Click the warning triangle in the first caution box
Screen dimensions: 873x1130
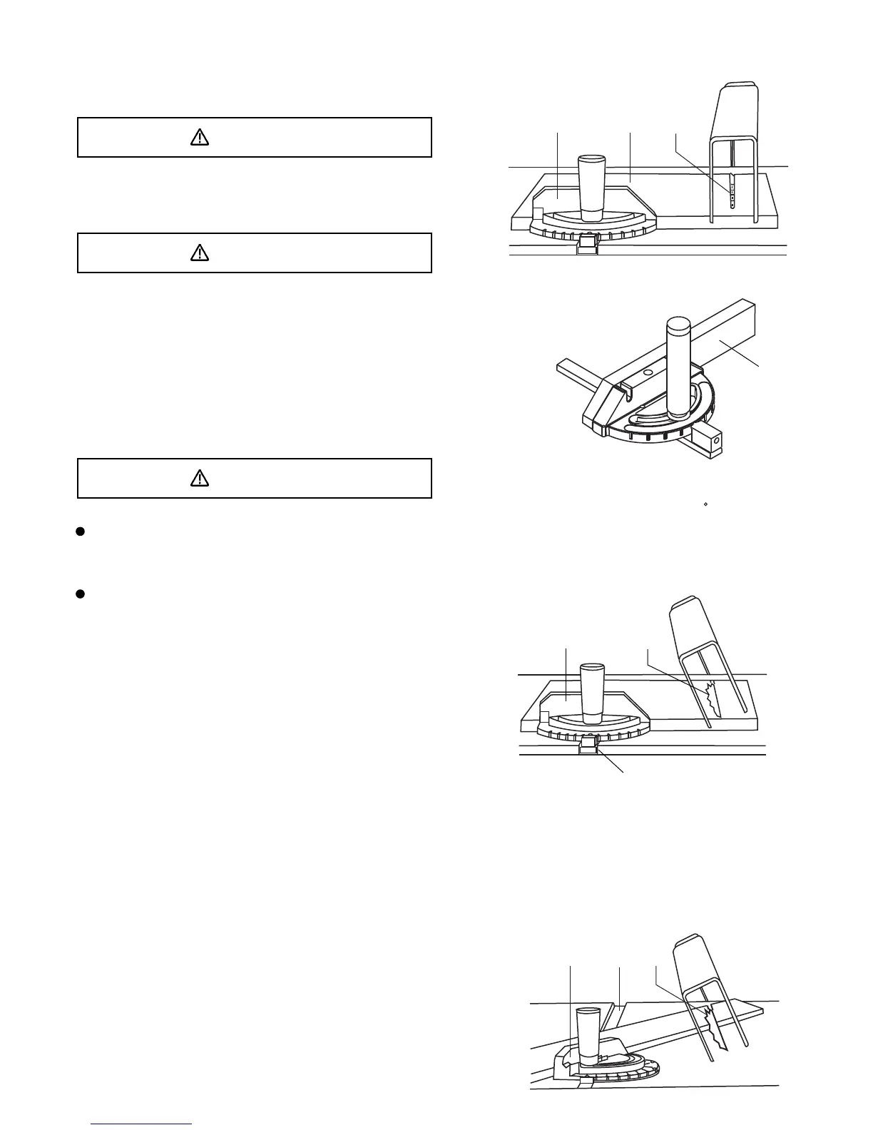click(200, 138)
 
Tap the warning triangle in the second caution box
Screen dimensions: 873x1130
click(200, 253)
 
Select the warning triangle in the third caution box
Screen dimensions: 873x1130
click(200, 478)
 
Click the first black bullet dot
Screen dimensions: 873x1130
click(81, 531)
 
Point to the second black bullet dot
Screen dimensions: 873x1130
click(81, 594)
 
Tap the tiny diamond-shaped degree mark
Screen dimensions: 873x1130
click(705, 504)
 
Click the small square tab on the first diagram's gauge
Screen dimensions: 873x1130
click(539, 213)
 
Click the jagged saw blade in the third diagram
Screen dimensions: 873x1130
click(711, 699)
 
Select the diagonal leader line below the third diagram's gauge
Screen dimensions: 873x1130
click(612, 759)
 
